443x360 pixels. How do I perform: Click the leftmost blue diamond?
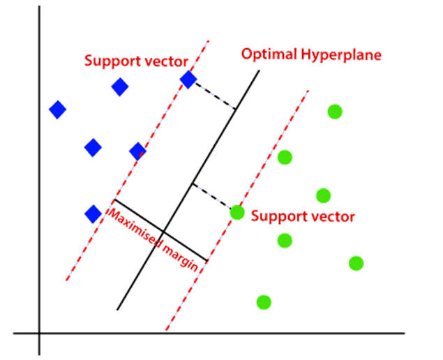[57, 109]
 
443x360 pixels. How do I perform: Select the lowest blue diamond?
[93, 213]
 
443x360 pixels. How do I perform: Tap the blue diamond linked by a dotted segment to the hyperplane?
[188, 80]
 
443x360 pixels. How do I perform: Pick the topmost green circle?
[335, 112]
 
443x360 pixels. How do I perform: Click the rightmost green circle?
[356, 263]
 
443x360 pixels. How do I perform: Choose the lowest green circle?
[263, 302]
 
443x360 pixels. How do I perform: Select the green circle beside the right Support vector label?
[237, 213]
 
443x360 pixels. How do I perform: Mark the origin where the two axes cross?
[39, 333]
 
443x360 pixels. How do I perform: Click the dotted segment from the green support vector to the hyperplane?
[212, 196]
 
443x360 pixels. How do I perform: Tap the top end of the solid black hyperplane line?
[260, 70]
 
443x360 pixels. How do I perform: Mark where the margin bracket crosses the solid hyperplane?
[163, 231]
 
